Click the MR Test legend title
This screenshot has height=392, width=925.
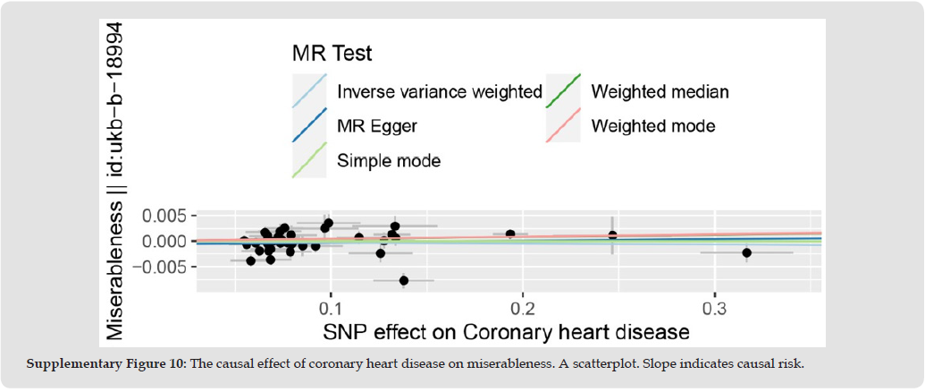332,54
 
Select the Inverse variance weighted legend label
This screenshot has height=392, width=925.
440,91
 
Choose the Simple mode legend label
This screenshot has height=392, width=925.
389,161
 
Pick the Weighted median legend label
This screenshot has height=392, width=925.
660,91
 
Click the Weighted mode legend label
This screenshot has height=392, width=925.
653,126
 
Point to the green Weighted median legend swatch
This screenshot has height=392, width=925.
564,91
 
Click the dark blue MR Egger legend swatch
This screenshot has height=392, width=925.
310,126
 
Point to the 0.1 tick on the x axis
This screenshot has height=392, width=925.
331,309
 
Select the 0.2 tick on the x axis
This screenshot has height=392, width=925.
522,309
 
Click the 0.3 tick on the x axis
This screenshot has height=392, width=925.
714,309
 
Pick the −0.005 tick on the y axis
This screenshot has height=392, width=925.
159,267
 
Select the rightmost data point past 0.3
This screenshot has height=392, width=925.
747,252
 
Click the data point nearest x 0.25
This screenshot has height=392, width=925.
612,234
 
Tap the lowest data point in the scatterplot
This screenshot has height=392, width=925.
404,280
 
